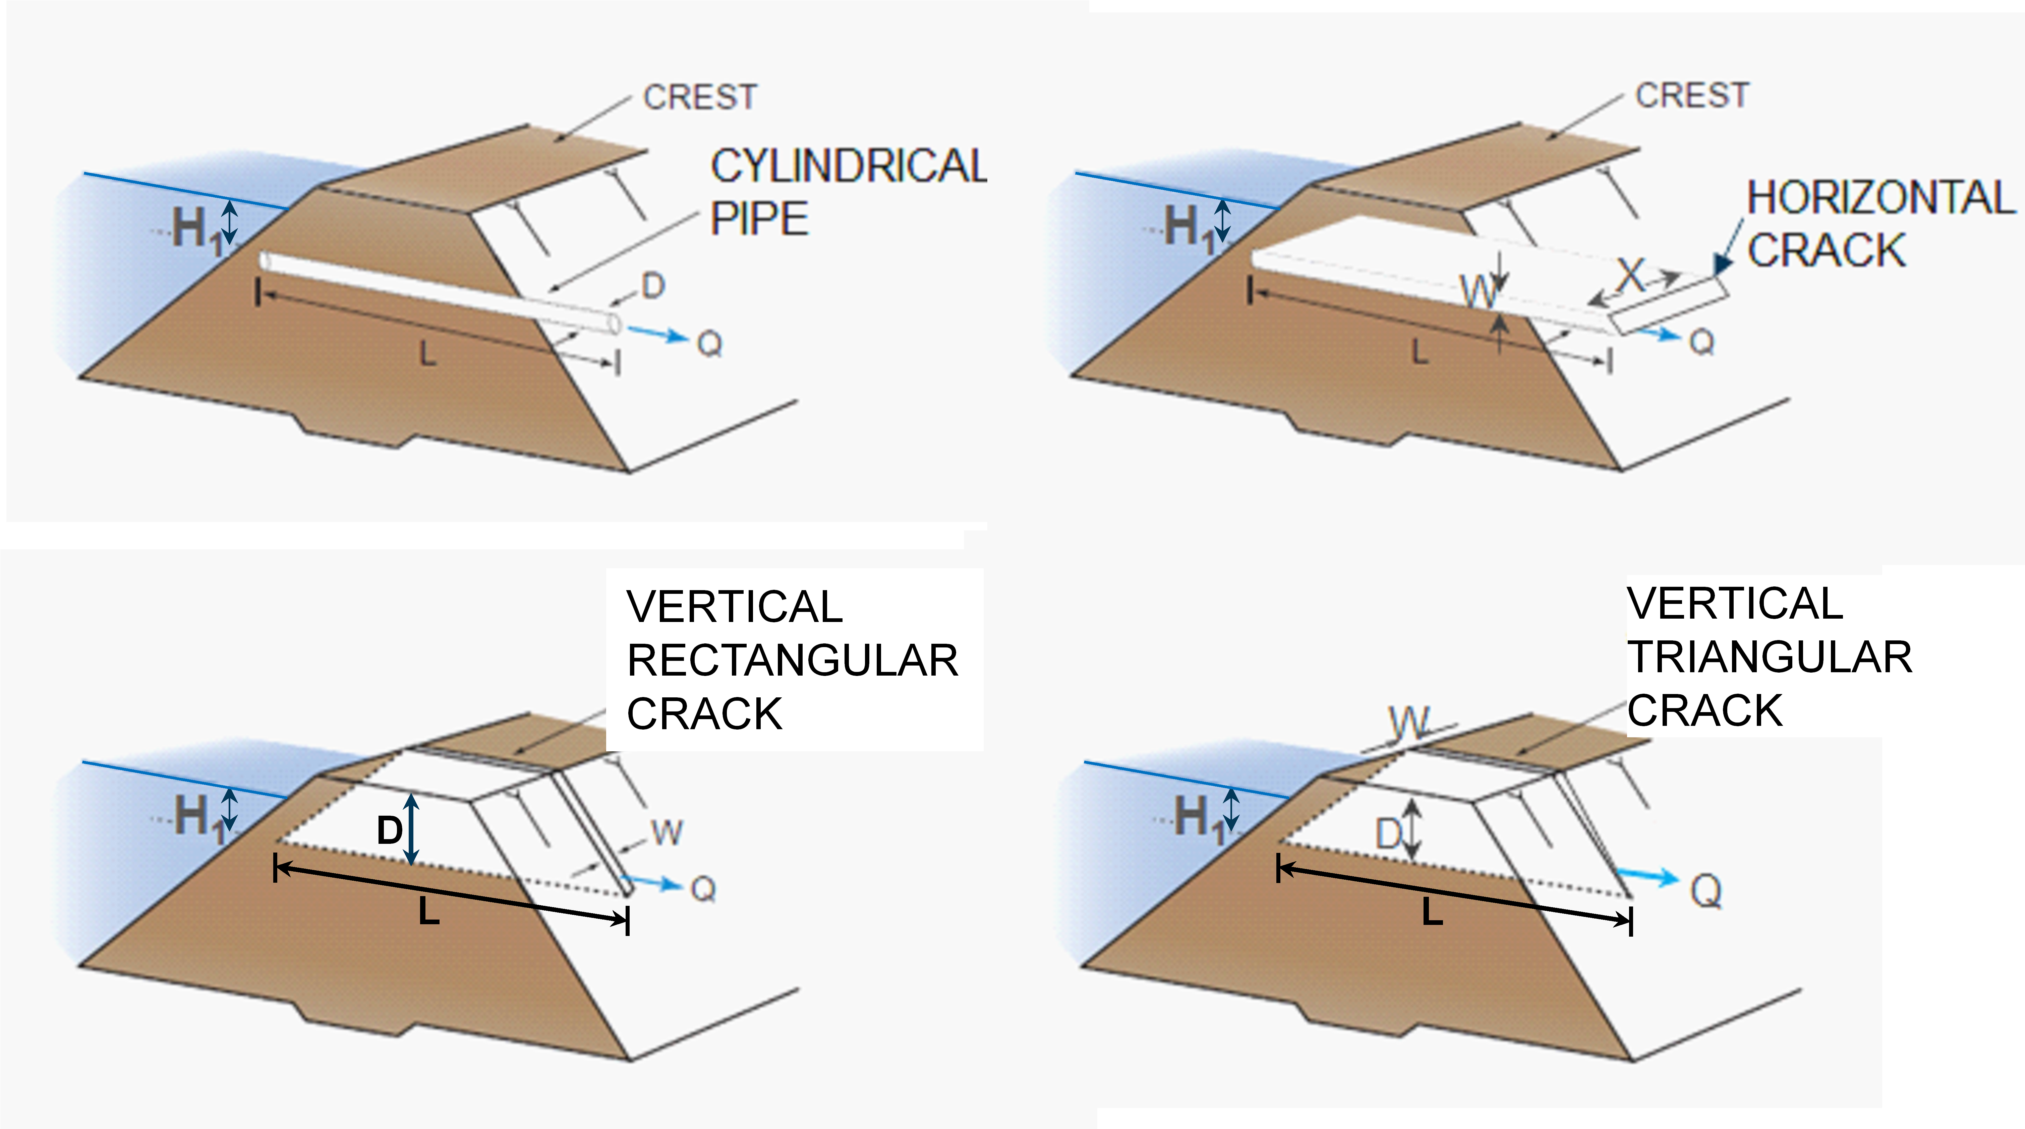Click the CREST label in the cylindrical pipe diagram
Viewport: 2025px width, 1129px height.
coord(700,98)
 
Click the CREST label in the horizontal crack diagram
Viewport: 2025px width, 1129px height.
coord(1692,95)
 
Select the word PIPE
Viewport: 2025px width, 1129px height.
coord(759,218)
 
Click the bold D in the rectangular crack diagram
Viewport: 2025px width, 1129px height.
coord(390,830)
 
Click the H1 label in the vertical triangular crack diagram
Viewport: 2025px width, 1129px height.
coord(1199,817)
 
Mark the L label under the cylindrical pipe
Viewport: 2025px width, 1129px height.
coord(427,355)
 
